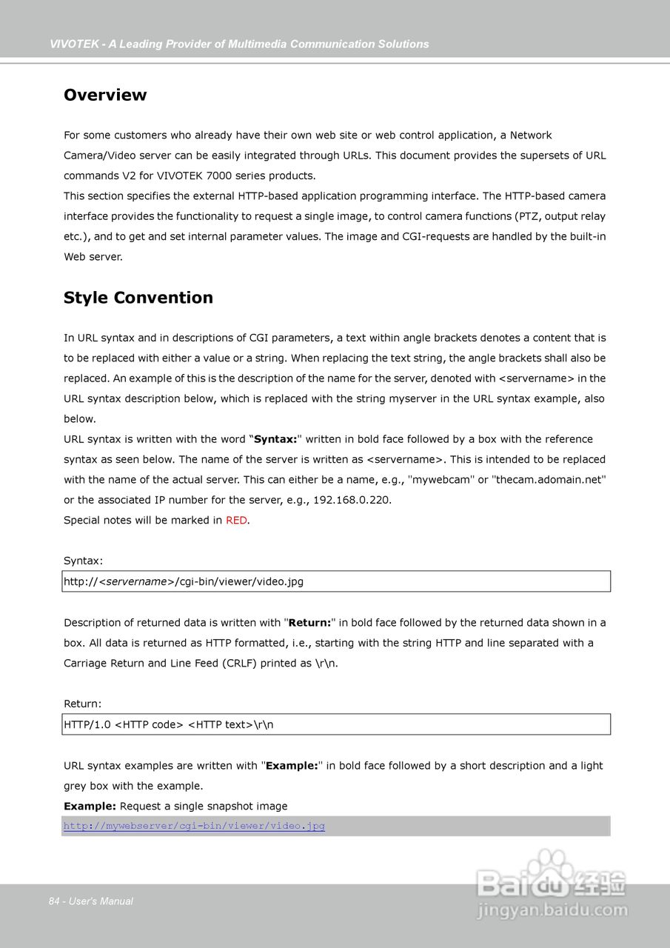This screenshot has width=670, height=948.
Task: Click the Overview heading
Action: coord(105,95)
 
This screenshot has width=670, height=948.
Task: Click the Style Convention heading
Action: coord(138,298)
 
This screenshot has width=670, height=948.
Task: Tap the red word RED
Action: coord(236,521)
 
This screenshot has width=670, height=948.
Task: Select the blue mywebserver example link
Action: coord(194,826)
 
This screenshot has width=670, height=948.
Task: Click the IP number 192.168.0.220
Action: coord(352,500)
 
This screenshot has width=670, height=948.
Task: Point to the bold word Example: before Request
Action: coord(90,806)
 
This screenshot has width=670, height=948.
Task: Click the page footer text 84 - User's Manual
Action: coord(91,901)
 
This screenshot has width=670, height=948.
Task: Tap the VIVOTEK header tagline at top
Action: coord(239,44)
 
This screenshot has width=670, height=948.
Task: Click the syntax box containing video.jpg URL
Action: coord(337,581)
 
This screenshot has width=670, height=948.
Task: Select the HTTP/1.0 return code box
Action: coord(337,724)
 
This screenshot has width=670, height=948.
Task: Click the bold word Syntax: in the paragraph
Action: coord(275,439)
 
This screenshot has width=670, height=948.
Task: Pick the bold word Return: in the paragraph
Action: coord(309,623)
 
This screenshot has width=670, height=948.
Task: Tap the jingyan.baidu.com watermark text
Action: coord(552,911)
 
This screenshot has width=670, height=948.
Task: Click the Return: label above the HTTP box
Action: coord(83,704)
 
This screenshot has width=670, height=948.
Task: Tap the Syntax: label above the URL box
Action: coord(84,561)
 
